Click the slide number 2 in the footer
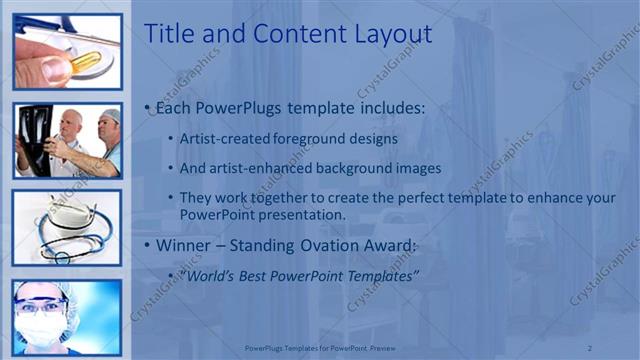[x=591, y=347]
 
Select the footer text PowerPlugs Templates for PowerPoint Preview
[x=319, y=347]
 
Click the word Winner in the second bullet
[x=187, y=245]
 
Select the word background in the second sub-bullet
[x=369, y=168]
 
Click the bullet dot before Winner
[x=149, y=245]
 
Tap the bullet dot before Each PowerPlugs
[x=149, y=107]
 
